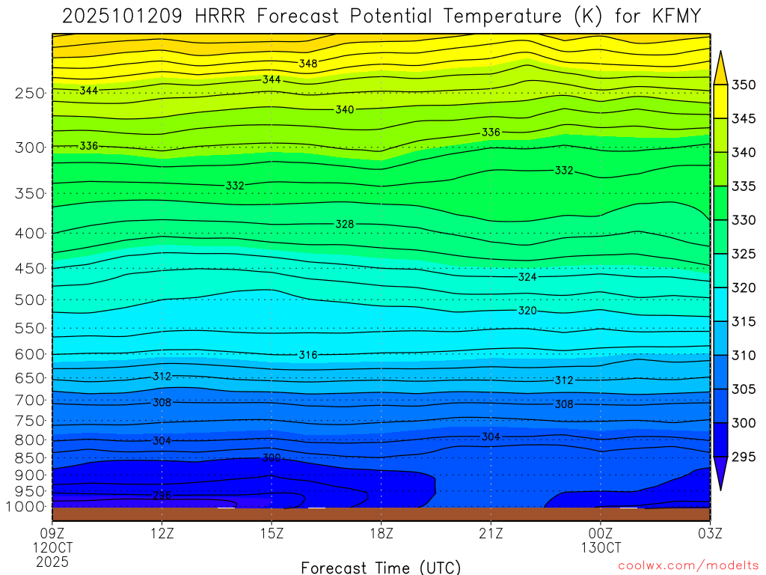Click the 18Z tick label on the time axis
pos(381,533)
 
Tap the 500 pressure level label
pos(30,300)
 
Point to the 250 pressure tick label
pos(30,94)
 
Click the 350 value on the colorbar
pos(744,84)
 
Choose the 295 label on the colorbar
pos(744,457)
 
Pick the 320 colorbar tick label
pos(744,287)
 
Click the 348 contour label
pos(307,64)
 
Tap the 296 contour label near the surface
pos(162,496)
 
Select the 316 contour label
pos(308,355)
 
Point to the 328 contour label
pos(344,224)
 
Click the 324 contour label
pos(527,277)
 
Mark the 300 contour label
pos(272,457)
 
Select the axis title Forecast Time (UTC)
pos(381,567)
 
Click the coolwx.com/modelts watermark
pos(688,566)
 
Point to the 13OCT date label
pos(601,547)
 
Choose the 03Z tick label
pos(709,533)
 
